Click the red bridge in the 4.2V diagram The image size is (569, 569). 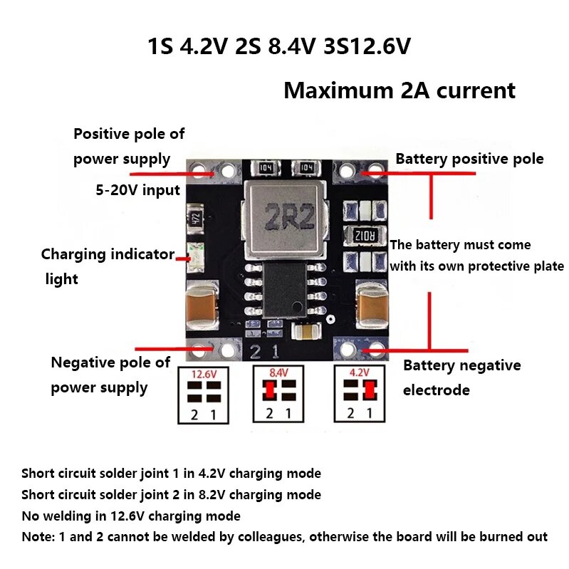(x=369, y=390)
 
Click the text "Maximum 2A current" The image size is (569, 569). (x=399, y=91)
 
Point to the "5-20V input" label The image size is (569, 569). (x=138, y=190)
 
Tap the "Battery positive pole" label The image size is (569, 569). (x=469, y=159)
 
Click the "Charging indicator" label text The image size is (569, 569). (x=108, y=254)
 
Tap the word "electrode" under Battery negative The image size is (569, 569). (x=436, y=390)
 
